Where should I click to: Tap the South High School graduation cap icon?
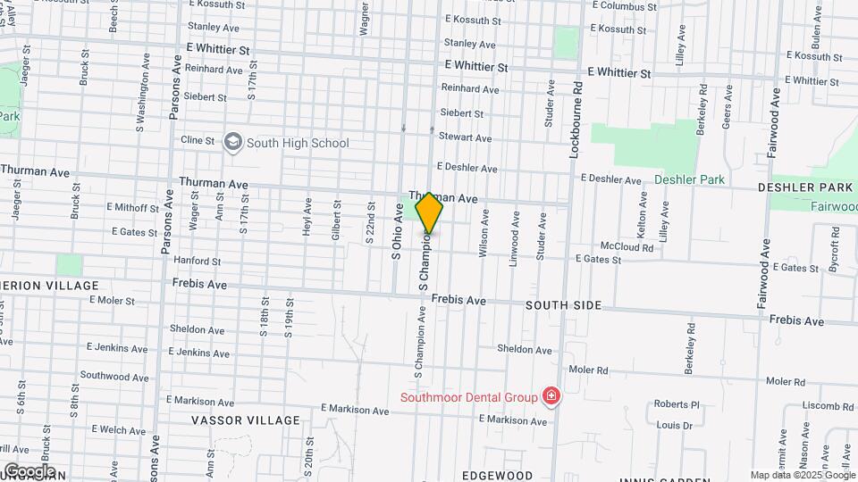(233, 142)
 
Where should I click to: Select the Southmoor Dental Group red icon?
(551, 396)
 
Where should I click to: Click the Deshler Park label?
(689, 179)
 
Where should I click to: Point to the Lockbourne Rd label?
(577, 120)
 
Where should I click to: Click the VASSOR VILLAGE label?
(246, 420)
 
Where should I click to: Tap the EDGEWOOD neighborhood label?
(499, 475)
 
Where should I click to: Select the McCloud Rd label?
(627, 246)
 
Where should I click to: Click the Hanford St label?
(198, 262)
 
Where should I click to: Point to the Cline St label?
(198, 140)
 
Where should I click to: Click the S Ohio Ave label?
(397, 230)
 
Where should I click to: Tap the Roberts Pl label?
(677, 404)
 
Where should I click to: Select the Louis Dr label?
(675, 426)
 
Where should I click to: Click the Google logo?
(29, 470)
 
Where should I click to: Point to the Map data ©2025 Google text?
(803, 475)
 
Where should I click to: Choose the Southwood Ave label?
(113, 376)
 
